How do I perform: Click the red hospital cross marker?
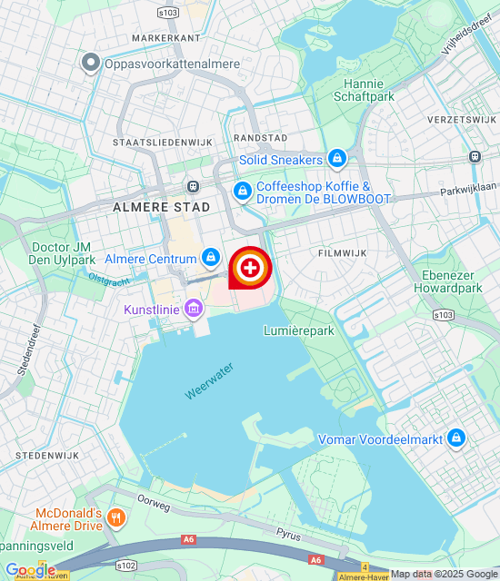point(250,267)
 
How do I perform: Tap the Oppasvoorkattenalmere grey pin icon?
point(91,63)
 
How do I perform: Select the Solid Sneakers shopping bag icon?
point(337,160)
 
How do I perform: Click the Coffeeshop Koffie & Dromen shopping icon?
point(243,192)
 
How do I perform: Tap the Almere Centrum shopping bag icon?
point(211,259)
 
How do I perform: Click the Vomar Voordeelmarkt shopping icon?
point(456,439)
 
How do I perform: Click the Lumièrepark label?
point(299,330)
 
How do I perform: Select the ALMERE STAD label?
point(161,207)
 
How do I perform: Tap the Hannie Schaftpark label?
point(365,88)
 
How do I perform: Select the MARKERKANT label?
point(165,38)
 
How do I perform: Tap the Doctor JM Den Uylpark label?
point(64,253)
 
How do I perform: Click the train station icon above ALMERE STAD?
point(193,186)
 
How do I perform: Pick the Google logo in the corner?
point(30,569)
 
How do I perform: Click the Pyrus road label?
point(289,537)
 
